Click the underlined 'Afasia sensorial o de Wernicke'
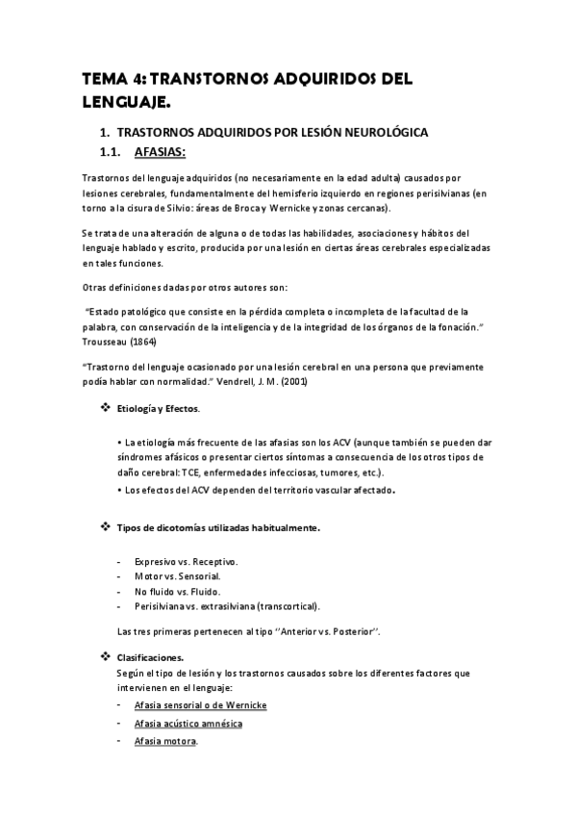pyautogui.click(x=201, y=705)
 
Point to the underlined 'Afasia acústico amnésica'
pyautogui.click(x=188, y=723)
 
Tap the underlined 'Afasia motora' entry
pyautogui.click(x=165, y=741)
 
